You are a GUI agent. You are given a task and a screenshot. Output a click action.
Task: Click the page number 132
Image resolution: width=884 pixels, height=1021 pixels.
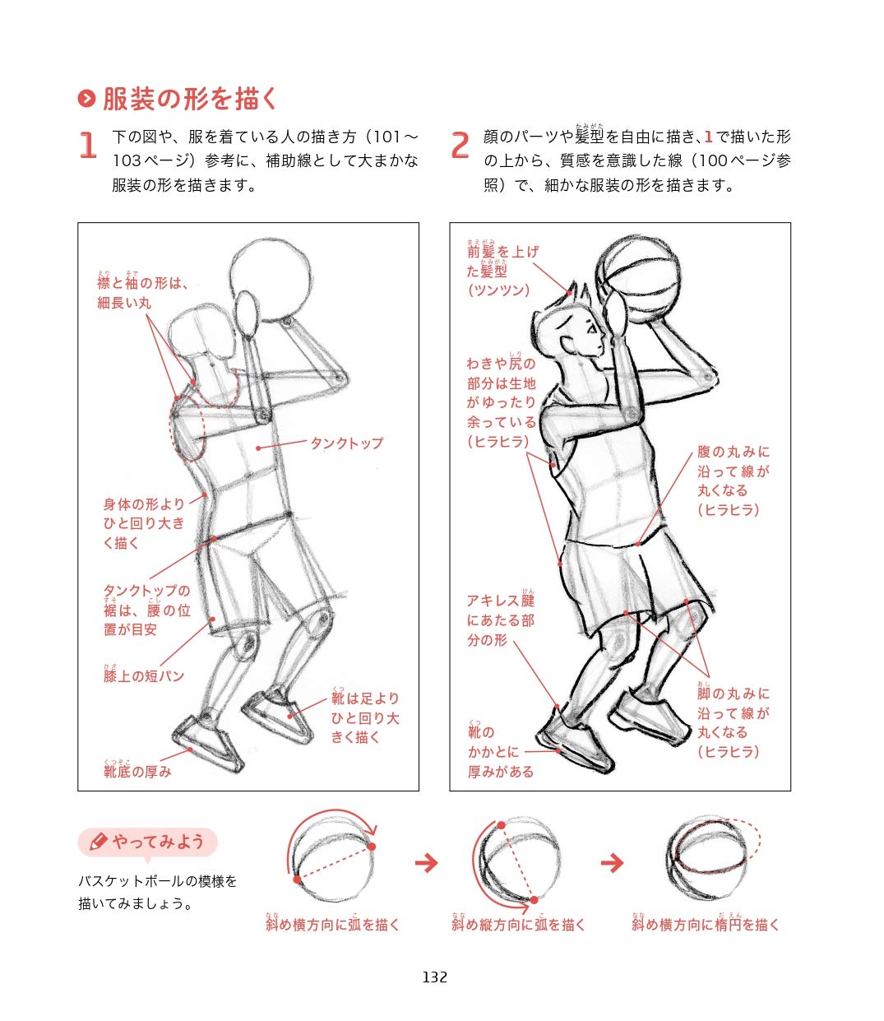434,977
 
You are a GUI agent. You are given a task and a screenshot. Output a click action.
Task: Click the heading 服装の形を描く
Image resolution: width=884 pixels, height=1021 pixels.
191,99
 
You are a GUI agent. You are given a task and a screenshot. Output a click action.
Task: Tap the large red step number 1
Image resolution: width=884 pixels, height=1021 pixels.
87,146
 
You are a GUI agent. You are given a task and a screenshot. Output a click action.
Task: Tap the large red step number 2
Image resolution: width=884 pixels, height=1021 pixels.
460,146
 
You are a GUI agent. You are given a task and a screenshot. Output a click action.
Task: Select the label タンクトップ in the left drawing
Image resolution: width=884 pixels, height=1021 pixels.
346,443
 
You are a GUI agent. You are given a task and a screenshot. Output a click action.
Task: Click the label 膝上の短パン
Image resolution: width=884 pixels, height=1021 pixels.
144,675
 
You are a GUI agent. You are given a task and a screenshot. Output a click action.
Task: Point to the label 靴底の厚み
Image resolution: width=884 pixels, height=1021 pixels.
137,771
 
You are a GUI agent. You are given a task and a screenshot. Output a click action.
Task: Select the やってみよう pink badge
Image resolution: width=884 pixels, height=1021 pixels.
148,842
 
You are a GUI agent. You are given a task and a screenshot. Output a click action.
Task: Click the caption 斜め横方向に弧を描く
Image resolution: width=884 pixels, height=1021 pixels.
332,924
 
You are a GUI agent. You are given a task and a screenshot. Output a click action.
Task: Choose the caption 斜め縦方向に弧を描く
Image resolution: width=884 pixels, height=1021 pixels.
518,924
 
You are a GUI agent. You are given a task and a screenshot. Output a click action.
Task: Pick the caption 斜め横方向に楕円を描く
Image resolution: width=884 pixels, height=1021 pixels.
706,924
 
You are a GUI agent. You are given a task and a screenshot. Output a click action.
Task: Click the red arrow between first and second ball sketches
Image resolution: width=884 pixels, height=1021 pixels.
426,863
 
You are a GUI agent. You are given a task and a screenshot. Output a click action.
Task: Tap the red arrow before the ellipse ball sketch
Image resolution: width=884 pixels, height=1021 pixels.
612,863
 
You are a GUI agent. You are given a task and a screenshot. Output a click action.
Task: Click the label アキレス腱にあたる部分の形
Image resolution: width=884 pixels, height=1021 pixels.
500,620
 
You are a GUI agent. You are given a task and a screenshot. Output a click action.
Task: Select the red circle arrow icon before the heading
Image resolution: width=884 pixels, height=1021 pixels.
86,99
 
